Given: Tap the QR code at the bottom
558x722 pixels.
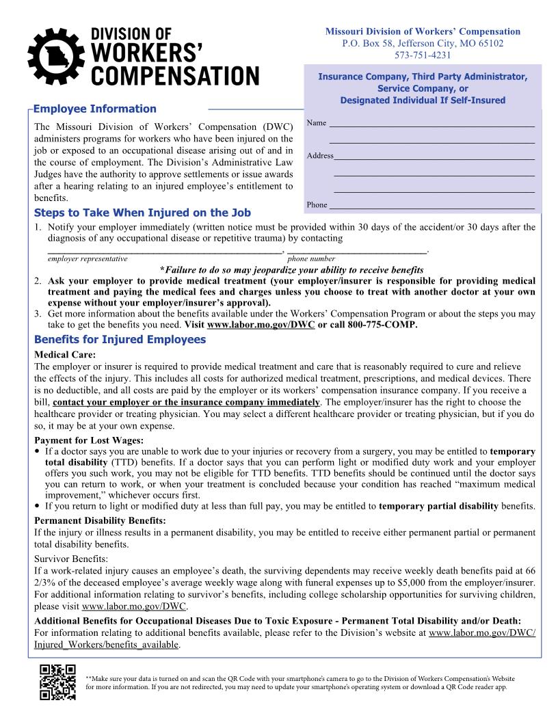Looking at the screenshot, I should click(57, 682).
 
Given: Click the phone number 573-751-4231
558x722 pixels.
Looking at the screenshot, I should click(422, 55).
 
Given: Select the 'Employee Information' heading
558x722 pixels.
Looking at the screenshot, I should click(94, 109).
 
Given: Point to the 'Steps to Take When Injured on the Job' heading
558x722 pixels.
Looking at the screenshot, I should click(142, 213).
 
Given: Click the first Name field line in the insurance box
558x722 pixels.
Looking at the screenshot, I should click(431, 125).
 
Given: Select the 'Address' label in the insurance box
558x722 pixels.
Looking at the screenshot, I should click(319, 156).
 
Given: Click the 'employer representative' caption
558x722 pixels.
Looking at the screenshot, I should click(87, 259).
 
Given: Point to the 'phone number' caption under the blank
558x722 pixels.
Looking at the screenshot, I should click(311, 259).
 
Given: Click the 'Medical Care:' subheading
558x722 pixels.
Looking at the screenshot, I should click(65, 354).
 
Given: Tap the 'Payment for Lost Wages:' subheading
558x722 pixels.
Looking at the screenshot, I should click(89, 440).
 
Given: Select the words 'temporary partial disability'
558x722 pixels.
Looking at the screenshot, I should click(438, 507).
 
